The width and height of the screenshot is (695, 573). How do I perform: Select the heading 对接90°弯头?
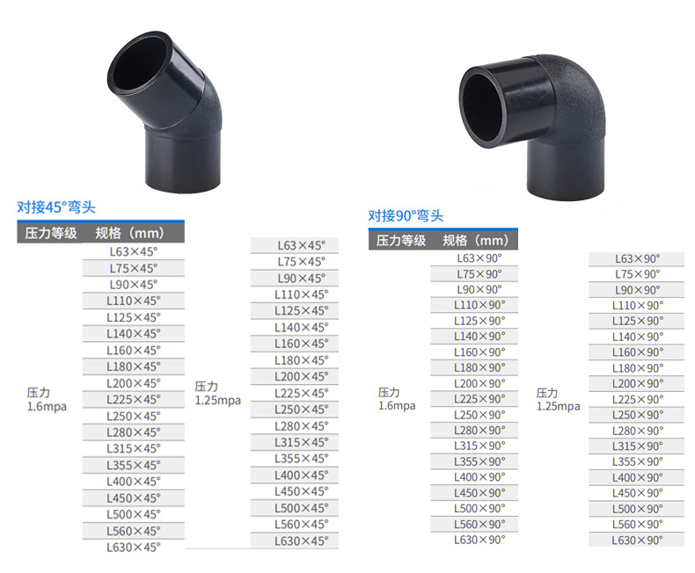tap(406, 215)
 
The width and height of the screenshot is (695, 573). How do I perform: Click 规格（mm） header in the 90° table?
tap(476, 241)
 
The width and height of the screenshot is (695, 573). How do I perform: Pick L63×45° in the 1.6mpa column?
tap(133, 252)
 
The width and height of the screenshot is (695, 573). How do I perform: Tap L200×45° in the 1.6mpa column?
tap(133, 383)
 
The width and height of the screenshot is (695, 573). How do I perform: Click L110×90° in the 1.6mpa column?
tap(479, 305)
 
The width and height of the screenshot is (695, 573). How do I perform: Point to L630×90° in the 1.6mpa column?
tap(479, 540)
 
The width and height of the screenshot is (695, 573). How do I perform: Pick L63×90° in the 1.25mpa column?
tap(637, 258)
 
